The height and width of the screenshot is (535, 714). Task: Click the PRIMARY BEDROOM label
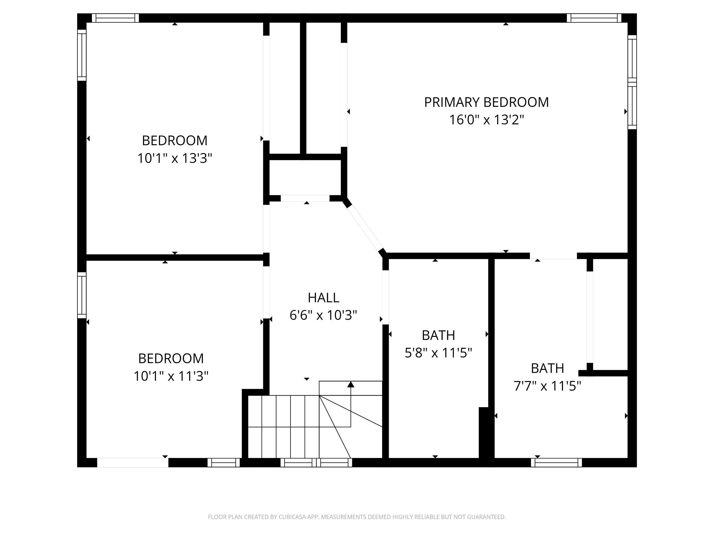486,102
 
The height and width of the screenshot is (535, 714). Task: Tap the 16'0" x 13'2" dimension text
486,120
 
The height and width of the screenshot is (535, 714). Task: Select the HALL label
324,298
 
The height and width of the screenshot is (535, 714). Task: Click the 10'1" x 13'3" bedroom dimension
175,158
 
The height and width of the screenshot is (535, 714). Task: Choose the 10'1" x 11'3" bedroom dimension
171,376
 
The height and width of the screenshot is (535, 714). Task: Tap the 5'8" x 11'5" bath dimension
438,353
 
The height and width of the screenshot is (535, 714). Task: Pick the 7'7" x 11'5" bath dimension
547,386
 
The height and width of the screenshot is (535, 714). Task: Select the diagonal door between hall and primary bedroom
364,228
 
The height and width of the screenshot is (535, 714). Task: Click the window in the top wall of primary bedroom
594,18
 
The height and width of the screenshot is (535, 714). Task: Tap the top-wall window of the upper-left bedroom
115,18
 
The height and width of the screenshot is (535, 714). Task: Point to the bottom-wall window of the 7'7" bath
556,463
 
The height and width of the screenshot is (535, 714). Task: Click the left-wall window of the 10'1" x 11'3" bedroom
82,295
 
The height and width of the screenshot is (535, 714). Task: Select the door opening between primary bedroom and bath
553,256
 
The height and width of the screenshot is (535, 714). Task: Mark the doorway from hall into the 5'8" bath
385,297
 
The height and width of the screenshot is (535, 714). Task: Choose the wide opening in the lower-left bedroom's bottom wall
133,463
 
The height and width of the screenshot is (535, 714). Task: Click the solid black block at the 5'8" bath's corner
483,432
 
